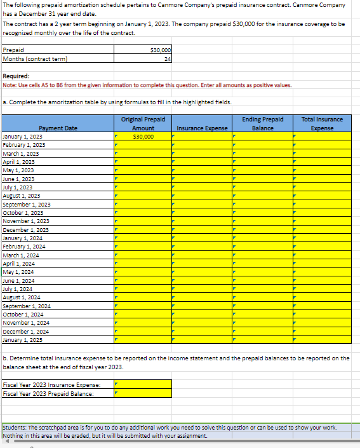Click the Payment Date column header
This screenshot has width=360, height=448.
[x=58, y=128]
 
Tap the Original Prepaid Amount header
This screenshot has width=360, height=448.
[x=143, y=124]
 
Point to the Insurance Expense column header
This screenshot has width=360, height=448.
[x=202, y=128]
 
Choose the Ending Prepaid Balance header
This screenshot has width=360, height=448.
[x=263, y=124]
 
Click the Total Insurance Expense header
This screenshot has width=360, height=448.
[x=322, y=124]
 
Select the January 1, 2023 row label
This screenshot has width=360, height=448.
[x=23, y=137]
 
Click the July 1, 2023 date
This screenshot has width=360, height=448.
[x=18, y=187]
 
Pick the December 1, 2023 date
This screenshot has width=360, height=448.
[x=25, y=229]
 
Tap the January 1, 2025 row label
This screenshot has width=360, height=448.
[x=23, y=339]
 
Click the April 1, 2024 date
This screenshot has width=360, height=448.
[x=19, y=263]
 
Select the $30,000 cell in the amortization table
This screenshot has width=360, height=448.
[x=143, y=137]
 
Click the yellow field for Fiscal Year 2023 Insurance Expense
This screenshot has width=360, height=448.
[x=143, y=384]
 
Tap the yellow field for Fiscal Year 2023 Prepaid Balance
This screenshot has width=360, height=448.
[x=143, y=393]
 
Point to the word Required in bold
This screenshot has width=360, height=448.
[x=16, y=76]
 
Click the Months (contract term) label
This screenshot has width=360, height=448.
[x=35, y=59]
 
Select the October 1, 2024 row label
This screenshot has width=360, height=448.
[x=23, y=314]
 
